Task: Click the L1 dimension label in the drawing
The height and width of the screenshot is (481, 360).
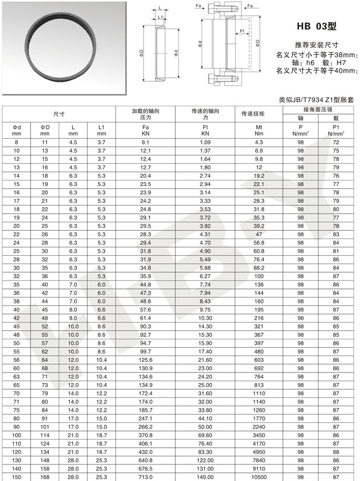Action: click(x=160, y=17)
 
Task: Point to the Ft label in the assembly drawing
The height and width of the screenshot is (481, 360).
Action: click(x=242, y=30)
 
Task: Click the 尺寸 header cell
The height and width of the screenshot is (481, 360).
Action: click(x=59, y=114)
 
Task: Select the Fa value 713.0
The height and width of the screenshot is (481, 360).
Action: click(x=146, y=476)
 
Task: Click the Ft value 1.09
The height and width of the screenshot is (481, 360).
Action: click(x=205, y=143)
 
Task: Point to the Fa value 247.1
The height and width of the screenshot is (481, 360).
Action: click(x=146, y=420)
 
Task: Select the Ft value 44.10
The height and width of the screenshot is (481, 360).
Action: click(x=205, y=420)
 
